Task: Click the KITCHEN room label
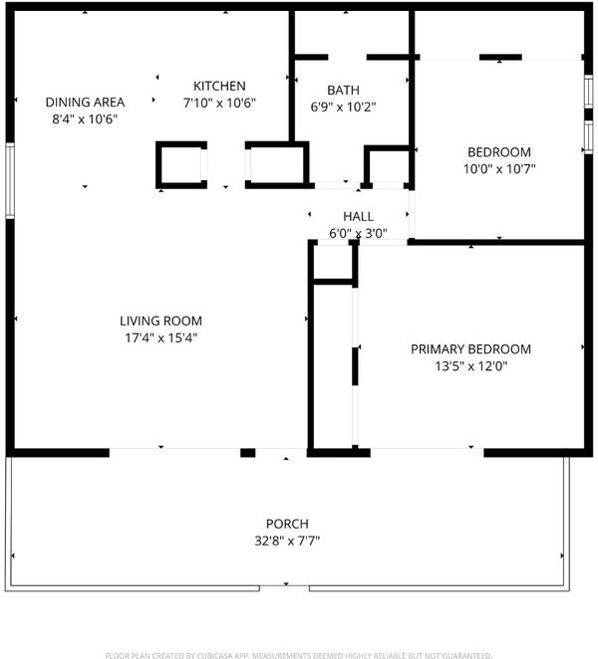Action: [x=219, y=87]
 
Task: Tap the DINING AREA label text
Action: [x=85, y=103]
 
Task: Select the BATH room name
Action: [x=343, y=91]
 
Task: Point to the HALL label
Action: [x=358, y=216]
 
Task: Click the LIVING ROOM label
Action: [x=160, y=322]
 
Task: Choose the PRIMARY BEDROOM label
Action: [x=470, y=349]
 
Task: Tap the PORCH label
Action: [x=287, y=524]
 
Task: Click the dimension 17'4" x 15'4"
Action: [x=160, y=337]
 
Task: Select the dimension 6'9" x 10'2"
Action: [x=343, y=108]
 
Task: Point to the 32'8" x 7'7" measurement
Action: [x=287, y=541]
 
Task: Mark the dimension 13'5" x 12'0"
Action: [x=470, y=366]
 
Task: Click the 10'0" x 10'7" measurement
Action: [x=499, y=169]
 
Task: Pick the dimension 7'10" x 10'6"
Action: [x=219, y=103]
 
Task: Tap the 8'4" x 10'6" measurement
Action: [x=85, y=118]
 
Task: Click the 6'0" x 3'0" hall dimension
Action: [x=358, y=233]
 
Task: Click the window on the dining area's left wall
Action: [x=10, y=181]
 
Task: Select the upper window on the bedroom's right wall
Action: [x=588, y=91]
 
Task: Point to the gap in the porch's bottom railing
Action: [x=284, y=588]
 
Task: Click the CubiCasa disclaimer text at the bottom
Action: [x=298, y=655]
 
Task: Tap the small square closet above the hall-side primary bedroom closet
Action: [x=333, y=262]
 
